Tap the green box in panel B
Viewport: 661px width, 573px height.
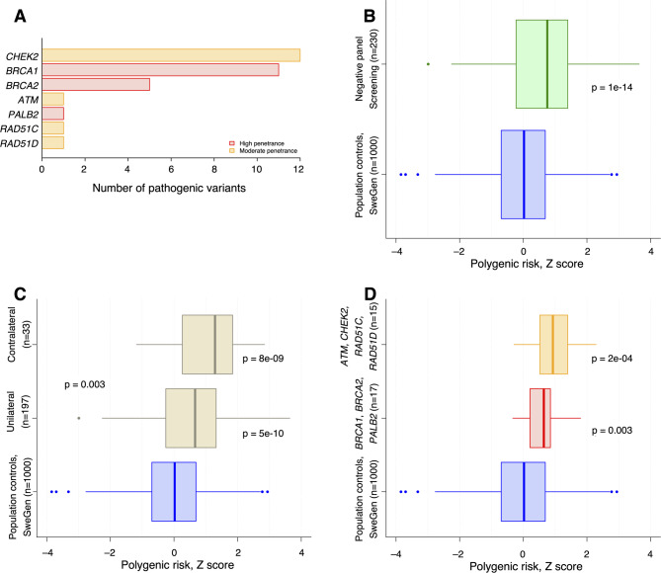coord(541,64)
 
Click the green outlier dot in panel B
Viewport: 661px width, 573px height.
coord(428,64)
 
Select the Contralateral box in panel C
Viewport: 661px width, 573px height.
coord(207,345)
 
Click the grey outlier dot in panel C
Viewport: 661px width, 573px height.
coord(79,418)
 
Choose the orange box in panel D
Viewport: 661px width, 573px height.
coord(553,345)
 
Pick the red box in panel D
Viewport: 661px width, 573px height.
coord(540,418)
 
